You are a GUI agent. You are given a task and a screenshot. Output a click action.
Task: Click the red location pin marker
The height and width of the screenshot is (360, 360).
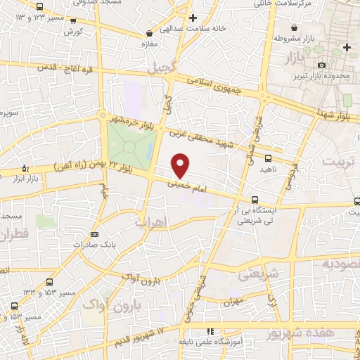[181, 165]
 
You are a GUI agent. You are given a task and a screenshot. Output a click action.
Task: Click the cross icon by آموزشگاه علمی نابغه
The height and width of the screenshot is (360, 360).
[210, 331]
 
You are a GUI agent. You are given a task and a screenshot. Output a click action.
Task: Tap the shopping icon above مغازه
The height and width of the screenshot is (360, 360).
[148, 34]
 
